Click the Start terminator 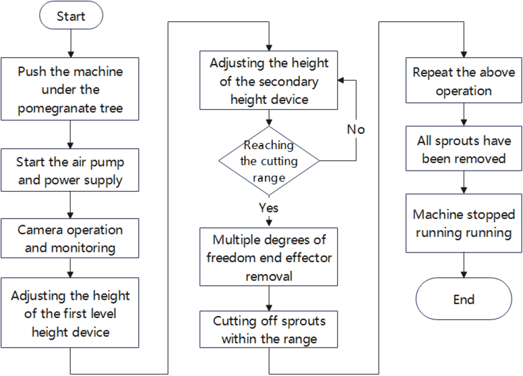71,16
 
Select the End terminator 464,299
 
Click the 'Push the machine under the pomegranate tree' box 70,89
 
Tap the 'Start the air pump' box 70,170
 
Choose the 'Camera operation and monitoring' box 70,238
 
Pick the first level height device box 70,313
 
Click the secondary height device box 269,80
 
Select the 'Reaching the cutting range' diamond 269,161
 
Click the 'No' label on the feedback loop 356,130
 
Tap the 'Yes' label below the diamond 268,208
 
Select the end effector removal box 269,257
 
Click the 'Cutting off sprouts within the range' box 269,330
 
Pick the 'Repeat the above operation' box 464,81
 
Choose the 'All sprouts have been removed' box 464,149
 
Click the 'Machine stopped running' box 464,223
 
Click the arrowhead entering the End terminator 464,275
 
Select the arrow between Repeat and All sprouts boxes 464,114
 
